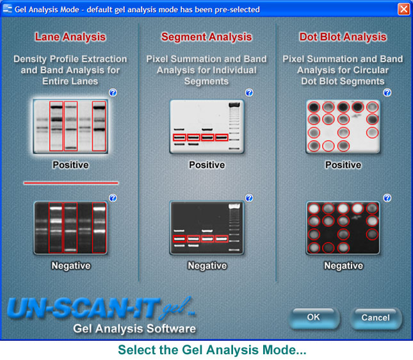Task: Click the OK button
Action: [x=314, y=318]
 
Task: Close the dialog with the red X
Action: [x=403, y=9]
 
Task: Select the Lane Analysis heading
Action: [x=70, y=37]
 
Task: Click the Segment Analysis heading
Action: [x=206, y=37]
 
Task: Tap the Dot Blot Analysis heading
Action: [x=343, y=37]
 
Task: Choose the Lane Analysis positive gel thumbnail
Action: [x=70, y=126]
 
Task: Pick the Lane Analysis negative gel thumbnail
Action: [x=70, y=228]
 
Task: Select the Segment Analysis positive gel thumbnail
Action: [x=207, y=126]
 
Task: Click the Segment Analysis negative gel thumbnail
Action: [x=207, y=228]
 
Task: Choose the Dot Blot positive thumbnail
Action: [x=343, y=126]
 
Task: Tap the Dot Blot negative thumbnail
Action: [x=343, y=228]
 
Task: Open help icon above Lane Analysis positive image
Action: [x=113, y=92]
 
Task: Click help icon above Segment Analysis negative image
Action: [x=249, y=198]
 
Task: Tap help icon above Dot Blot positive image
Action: [x=387, y=92]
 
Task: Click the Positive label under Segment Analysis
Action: [x=207, y=165]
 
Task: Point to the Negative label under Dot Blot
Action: [x=343, y=266]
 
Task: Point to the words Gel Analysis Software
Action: [x=134, y=329]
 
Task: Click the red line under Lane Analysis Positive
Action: [x=71, y=183]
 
